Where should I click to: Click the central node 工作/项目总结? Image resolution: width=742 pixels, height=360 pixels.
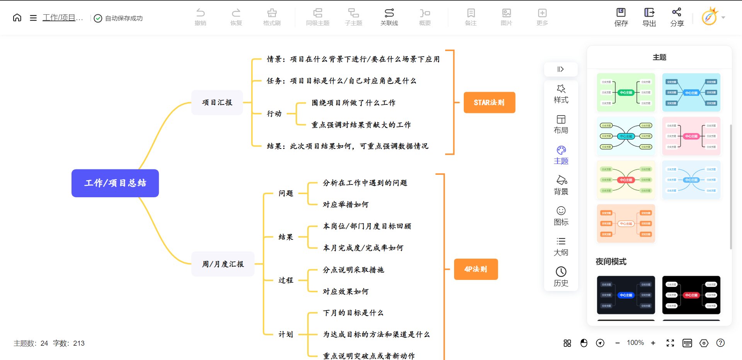(x=115, y=183)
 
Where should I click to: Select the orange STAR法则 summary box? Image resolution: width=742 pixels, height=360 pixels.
(x=489, y=102)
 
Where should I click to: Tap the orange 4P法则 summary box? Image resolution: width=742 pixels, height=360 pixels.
(x=476, y=269)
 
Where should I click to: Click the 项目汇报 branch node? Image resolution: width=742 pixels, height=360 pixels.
(x=217, y=102)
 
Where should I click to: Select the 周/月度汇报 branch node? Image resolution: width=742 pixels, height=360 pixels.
(x=223, y=264)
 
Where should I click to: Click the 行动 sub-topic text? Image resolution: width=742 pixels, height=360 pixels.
(x=274, y=114)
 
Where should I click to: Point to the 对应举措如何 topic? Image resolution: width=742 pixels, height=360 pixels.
(x=345, y=205)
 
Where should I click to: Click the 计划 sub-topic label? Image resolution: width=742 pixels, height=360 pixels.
(x=286, y=334)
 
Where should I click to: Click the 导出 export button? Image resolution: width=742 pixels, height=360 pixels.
(x=649, y=17)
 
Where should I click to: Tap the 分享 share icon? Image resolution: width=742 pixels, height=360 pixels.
(x=677, y=12)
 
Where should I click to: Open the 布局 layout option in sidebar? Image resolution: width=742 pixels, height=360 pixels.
(x=561, y=124)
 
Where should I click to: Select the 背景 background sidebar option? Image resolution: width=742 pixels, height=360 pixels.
(x=561, y=185)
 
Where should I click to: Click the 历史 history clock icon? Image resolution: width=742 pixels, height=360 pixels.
(x=561, y=271)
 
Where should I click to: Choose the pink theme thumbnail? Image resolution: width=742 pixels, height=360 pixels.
(x=691, y=136)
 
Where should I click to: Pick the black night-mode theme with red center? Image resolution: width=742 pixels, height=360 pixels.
(x=691, y=295)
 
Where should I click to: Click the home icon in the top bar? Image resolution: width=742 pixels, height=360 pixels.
(x=17, y=18)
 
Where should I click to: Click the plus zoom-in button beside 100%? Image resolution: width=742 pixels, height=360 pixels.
(x=653, y=343)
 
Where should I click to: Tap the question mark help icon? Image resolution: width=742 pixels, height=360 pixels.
(x=720, y=343)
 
